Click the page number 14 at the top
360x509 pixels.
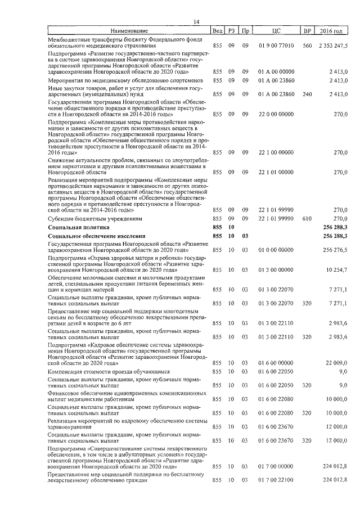(196, 21)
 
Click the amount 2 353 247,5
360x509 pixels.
(332, 46)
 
